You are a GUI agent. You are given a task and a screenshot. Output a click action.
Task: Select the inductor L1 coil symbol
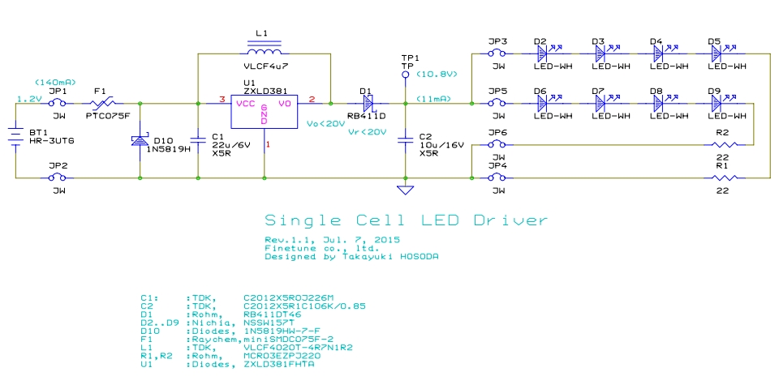265,46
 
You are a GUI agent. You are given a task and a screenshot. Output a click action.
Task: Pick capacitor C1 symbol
198,139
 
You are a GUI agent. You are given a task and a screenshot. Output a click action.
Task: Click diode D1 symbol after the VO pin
368,103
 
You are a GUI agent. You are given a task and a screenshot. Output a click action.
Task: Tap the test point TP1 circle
406,74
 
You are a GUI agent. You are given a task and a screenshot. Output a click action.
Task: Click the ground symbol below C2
406,190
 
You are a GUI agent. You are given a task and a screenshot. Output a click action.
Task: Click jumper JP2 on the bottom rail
58,177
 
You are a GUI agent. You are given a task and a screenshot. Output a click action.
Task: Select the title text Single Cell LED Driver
406,220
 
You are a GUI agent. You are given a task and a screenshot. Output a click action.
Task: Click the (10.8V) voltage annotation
437,74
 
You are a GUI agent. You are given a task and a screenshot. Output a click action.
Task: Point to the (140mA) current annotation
56,82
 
